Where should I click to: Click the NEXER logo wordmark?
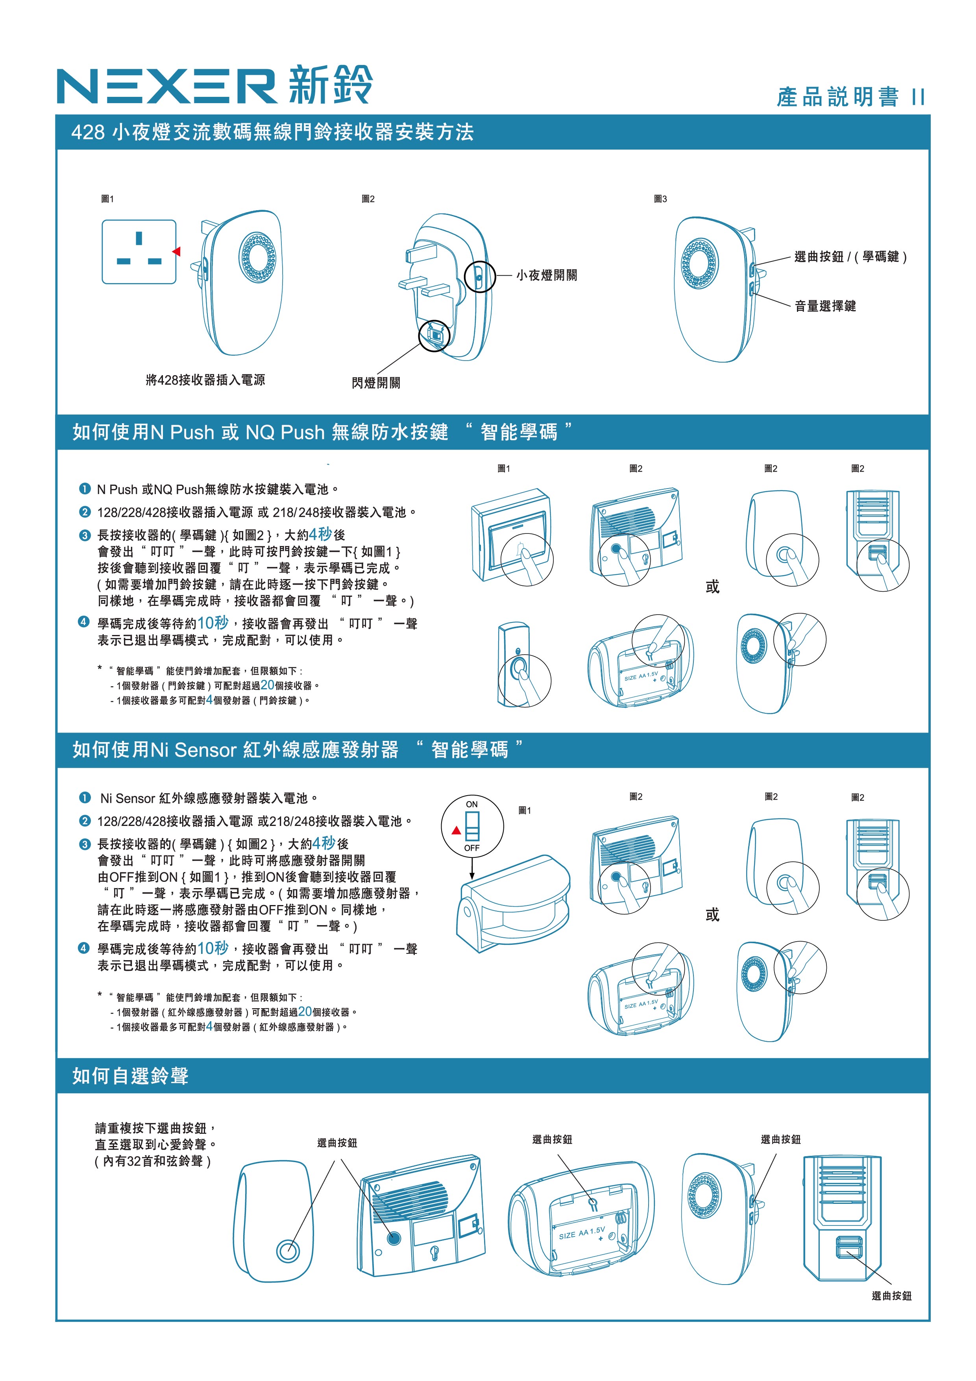coord(166,86)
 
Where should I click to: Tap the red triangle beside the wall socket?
coord(177,251)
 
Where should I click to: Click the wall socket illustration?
coord(139,252)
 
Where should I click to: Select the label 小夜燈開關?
coord(547,276)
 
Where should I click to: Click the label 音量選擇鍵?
coord(825,306)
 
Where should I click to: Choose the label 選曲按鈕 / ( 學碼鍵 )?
coord(850,257)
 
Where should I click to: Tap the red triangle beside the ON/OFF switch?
coord(457,831)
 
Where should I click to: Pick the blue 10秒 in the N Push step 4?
coord(213,622)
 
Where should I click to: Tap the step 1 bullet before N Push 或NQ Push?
coord(84,489)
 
